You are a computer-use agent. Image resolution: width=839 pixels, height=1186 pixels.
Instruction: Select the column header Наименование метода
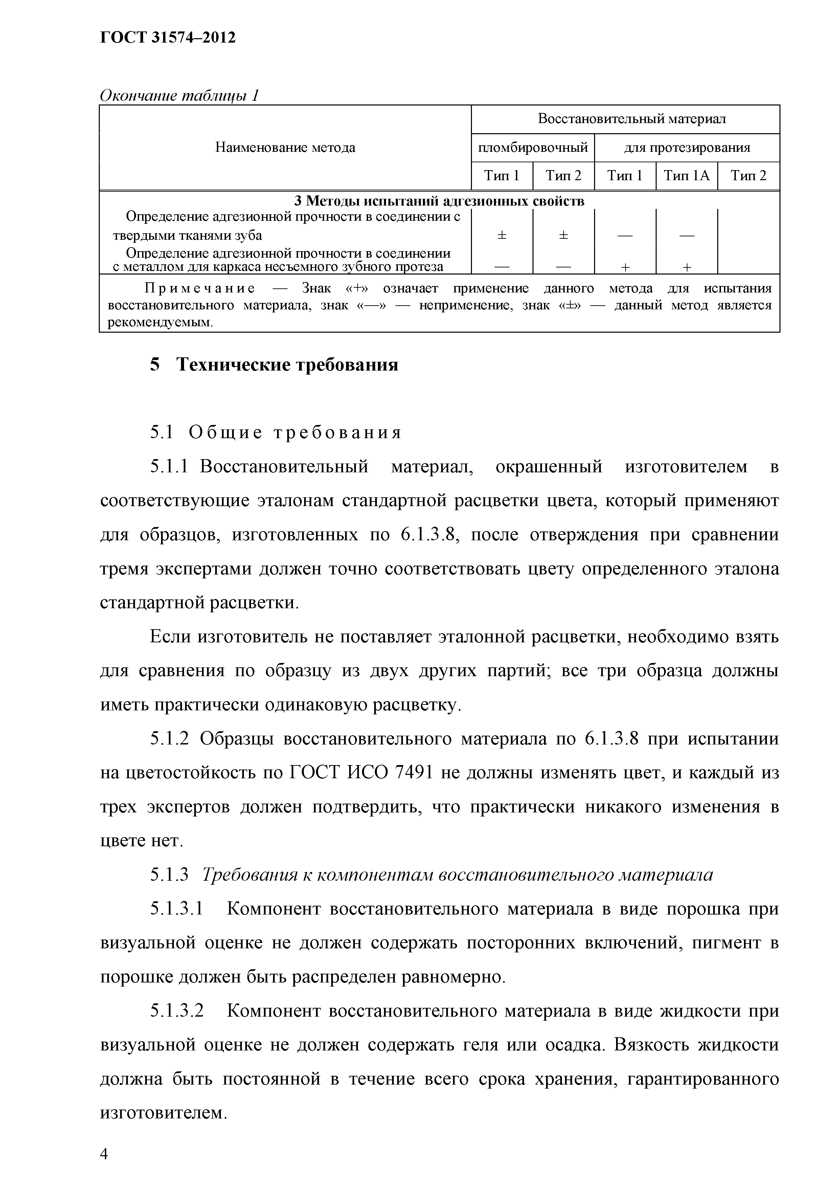point(285,148)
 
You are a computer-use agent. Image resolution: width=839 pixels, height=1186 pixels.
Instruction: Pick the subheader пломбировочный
point(532,148)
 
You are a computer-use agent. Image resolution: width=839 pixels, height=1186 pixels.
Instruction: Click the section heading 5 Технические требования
point(274,365)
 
